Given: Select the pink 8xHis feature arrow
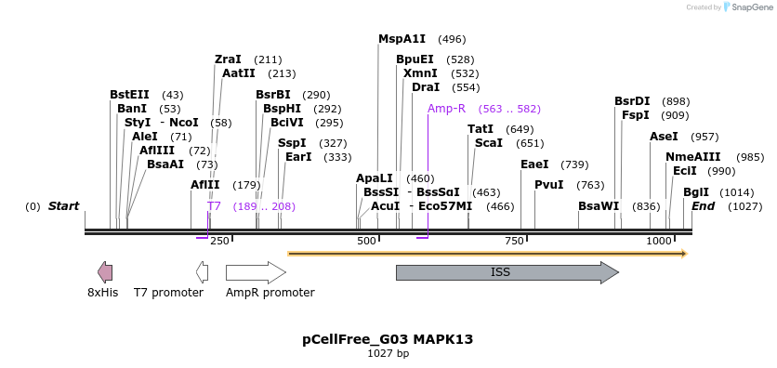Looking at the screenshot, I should pyautogui.click(x=105, y=272).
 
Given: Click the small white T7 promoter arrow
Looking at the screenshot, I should pyautogui.click(x=202, y=272).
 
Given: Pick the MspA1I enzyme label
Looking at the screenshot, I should pyautogui.click(x=402, y=39).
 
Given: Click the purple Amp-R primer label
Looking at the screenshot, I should pyautogui.click(x=446, y=109).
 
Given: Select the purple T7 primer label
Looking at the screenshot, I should pyautogui.click(x=214, y=206).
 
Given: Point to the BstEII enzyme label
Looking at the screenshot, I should pyautogui.click(x=129, y=95).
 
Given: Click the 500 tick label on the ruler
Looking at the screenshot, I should pyautogui.click(x=367, y=242).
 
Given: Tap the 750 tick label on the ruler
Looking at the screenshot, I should pyautogui.click(x=514, y=242).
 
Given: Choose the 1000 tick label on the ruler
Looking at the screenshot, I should pyautogui.click(x=658, y=242).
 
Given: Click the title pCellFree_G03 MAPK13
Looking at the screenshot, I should pyautogui.click(x=388, y=339).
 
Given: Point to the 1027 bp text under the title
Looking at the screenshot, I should pyautogui.click(x=388, y=354).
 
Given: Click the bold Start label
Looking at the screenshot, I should pyautogui.click(x=63, y=206).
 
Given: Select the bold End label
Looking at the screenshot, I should pyautogui.click(x=703, y=206).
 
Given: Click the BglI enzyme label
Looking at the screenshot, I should pyautogui.click(x=696, y=192).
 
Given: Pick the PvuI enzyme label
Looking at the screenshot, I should pyautogui.click(x=548, y=185).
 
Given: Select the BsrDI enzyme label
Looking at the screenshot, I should pyautogui.click(x=632, y=101).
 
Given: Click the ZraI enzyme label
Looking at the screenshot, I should pyautogui.click(x=228, y=59).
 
